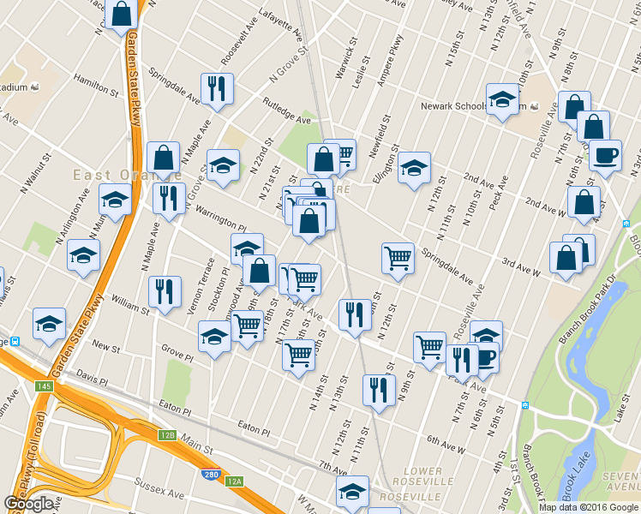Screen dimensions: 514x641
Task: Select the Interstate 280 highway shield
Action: [x=209, y=474]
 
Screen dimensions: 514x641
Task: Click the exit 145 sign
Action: [x=45, y=387]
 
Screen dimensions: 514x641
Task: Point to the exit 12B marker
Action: [x=166, y=435]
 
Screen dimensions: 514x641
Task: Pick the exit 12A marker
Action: [x=234, y=481]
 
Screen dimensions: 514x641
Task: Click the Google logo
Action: [x=29, y=504]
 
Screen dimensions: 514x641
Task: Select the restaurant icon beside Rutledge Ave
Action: [x=216, y=88]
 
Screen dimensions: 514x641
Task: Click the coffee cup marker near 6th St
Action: [x=605, y=156]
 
